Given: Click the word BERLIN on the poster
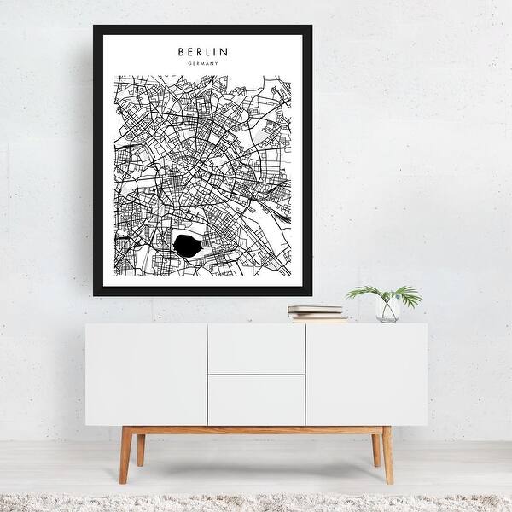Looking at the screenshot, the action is pyautogui.click(x=203, y=51).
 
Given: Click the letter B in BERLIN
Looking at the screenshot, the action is pyautogui.click(x=182, y=51).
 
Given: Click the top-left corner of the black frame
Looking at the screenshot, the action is pyautogui.click(x=95, y=26).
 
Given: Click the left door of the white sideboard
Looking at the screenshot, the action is pyautogui.click(x=146, y=374).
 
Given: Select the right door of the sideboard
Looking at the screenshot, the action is pyautogui.click(x=366, y=374).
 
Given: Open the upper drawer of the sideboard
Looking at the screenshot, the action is pyautogui.click(x=256, y=349).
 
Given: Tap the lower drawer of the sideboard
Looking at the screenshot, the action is pyautogui.click(x=256, y=399).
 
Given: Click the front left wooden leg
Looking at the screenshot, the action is pyautogui.click(x=125, y=456).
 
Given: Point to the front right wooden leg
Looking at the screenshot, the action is pyautogui.click(x=387, y=456).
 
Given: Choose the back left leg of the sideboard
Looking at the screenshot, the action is pyautogui.click(x=140, y=448).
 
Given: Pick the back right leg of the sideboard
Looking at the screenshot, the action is pyautogui.click(x=373, y=448).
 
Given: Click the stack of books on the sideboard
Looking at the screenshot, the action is pyautogui.click(x=317, y=313).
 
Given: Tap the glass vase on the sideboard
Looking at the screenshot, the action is pyautogui.click(x=388, y=310).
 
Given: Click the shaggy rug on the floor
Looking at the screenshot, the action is pyautogui.click(x=256, y=502).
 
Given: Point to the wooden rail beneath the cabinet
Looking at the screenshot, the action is pyautogui.click(x=256, y=430).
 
